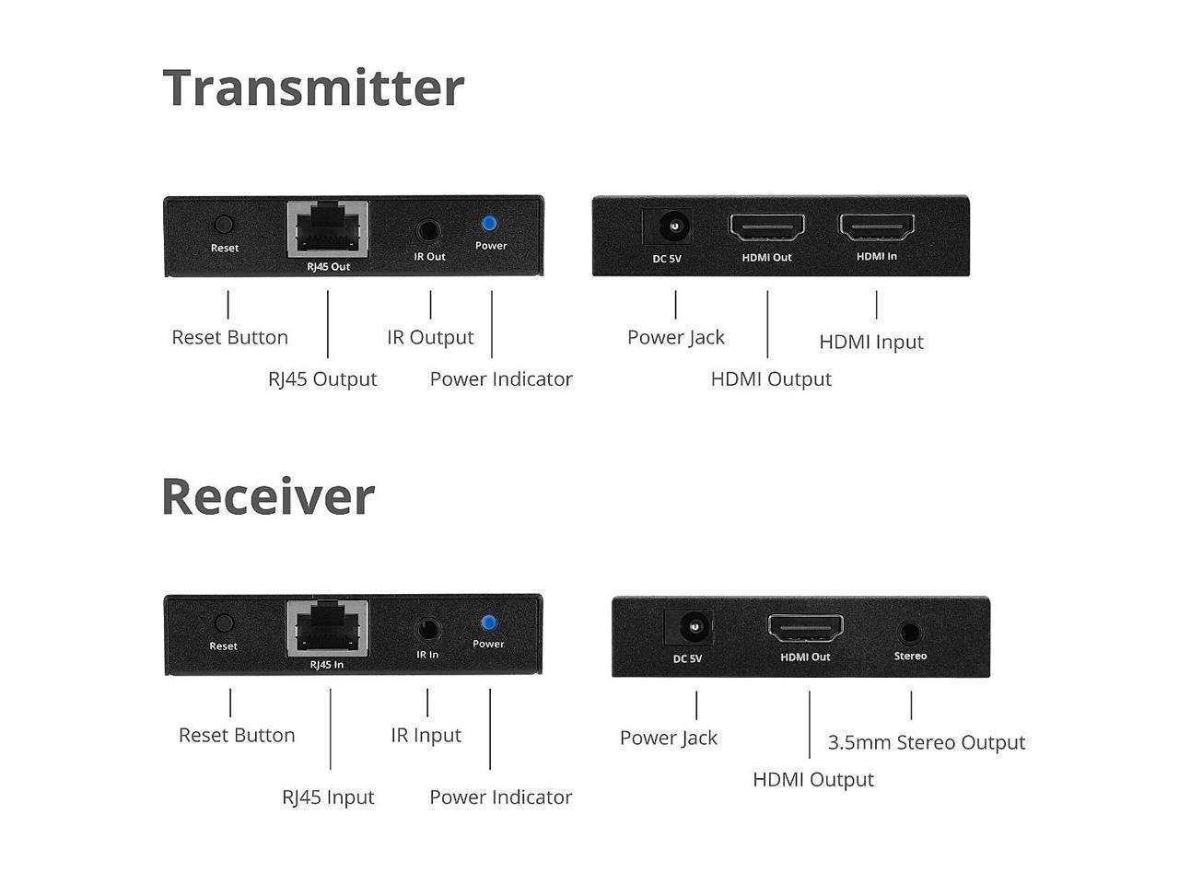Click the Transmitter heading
(313, 88)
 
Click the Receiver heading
(268, 496)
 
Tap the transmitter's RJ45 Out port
(328, 228)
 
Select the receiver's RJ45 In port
(327, 628)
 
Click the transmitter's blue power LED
(489, 223)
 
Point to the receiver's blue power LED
(488, 622)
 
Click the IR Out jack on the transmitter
(428, 230)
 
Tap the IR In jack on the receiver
(426, 630)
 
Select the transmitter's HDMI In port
(876, 227)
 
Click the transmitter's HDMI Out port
(767, 227)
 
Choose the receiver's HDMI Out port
(806, 628)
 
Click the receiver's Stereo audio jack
(910, 633)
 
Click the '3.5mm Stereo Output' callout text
(926, 742)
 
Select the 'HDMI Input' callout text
(871, 342)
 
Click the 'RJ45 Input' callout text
(328, 797)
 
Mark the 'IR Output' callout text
(430, 337)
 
